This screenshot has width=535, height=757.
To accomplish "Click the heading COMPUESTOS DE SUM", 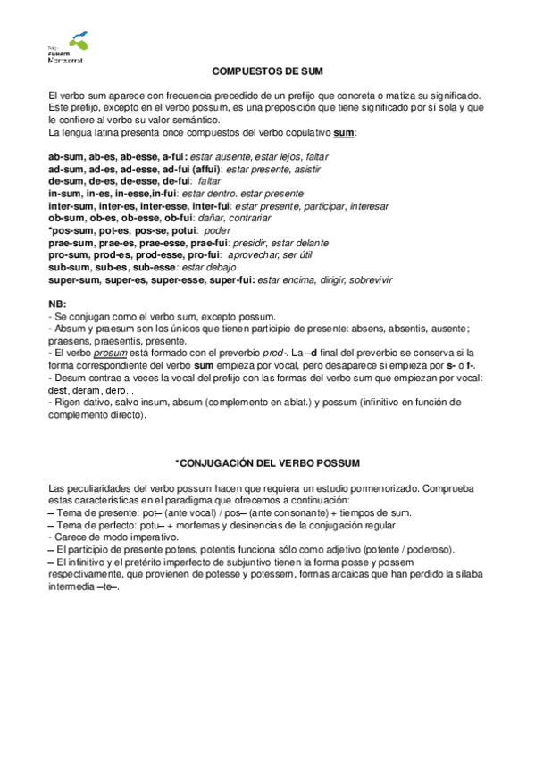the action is [x=267, y=70].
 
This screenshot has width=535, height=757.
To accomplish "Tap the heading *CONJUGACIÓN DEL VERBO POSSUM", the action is [x=267, y=462].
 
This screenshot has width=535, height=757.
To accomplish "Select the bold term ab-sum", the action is [x=66, y=156].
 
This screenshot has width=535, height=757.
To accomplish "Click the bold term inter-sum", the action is [x=71, y=205].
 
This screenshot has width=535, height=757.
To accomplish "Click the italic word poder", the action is [x=217, y=230].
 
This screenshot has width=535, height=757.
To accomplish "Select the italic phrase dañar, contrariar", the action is [x=230, y=218].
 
